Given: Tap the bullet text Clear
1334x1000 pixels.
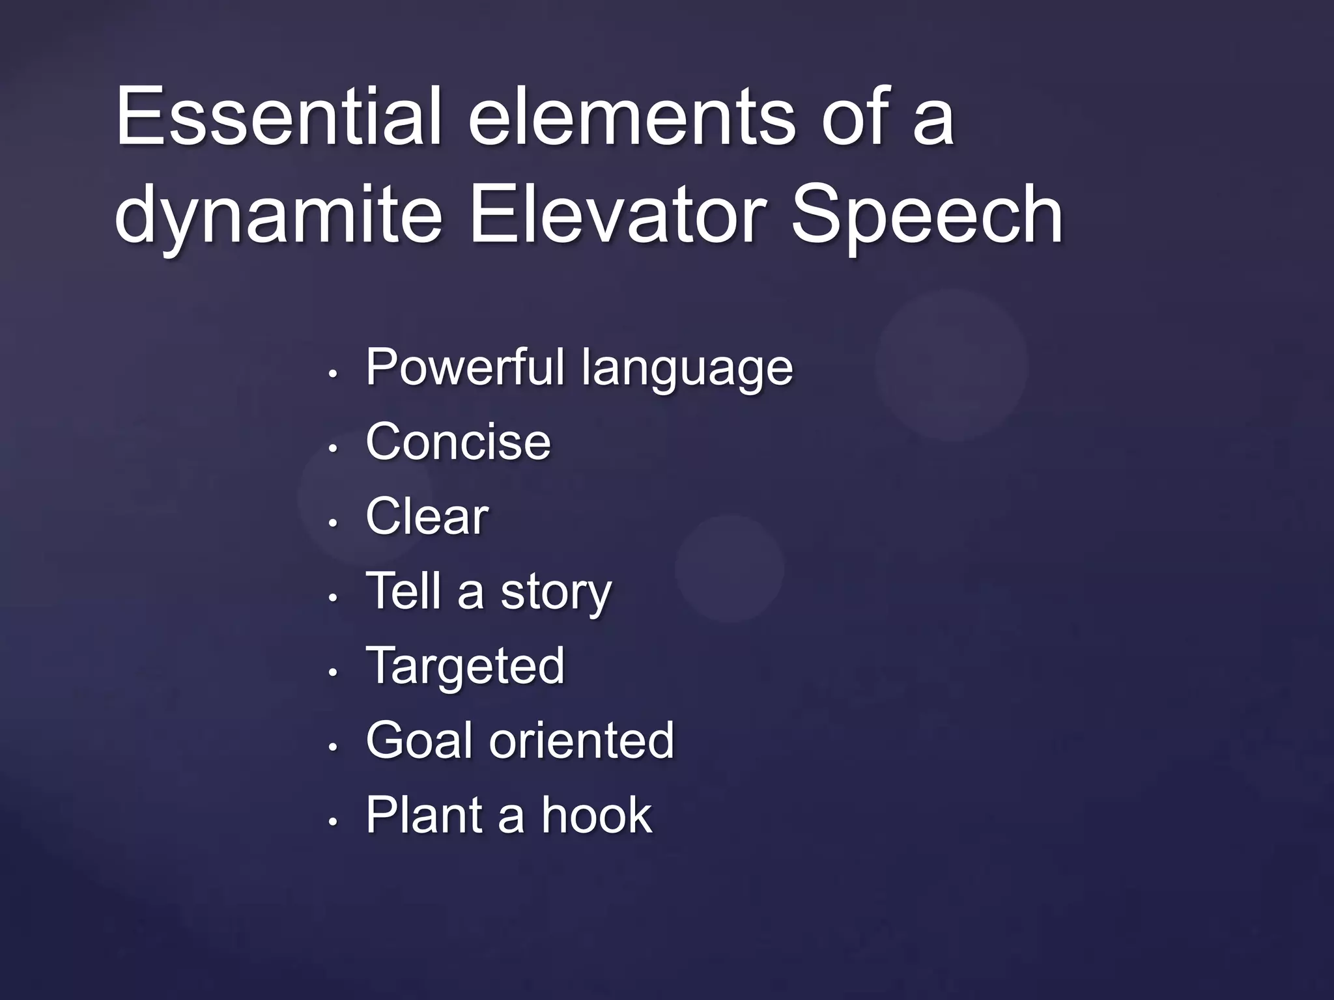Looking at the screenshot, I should tap(427, 516).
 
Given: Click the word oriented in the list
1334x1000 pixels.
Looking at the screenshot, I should tap(581, 740).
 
